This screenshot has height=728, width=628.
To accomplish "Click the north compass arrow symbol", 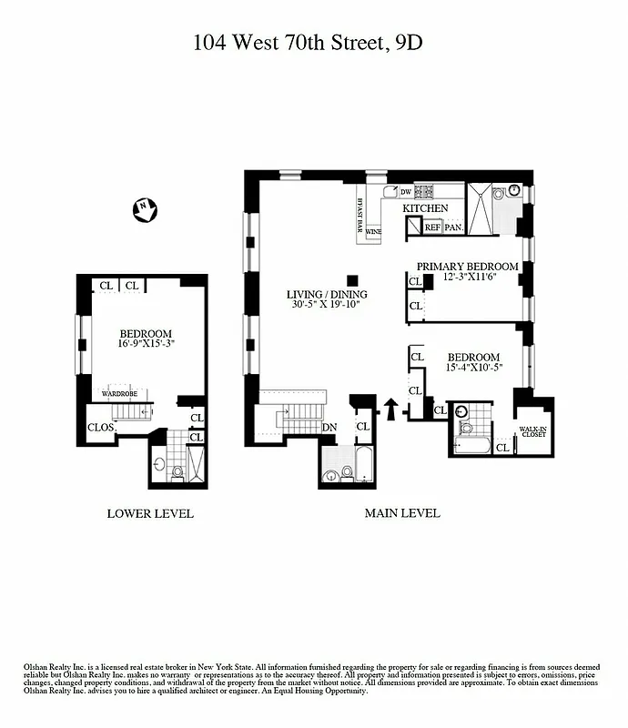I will click(x=144, y=210).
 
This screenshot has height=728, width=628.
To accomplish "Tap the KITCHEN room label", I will click(x=426, y=208).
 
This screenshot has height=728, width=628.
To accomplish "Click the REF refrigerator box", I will click(x=431, y=227).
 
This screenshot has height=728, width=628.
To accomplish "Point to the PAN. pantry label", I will click(x=453, y=227).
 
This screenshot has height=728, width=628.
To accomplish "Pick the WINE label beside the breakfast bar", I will click(x=373, y=232).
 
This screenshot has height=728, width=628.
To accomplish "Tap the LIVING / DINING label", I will click(x=327, y=294).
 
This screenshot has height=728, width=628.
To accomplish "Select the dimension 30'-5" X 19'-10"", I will click(x=327, y=305).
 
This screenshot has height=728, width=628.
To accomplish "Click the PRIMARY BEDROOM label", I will click(x=467, y=267).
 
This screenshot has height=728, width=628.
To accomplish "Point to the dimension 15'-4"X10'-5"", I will click(x=473, y=368).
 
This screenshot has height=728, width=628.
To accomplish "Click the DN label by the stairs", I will click(x=330, y=427).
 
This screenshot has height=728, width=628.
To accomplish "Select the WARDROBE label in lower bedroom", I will click(x=119, y=394).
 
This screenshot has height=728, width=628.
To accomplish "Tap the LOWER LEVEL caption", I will click(x=150, y=513).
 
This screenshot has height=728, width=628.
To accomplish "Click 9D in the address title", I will click(x=410, y=42).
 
